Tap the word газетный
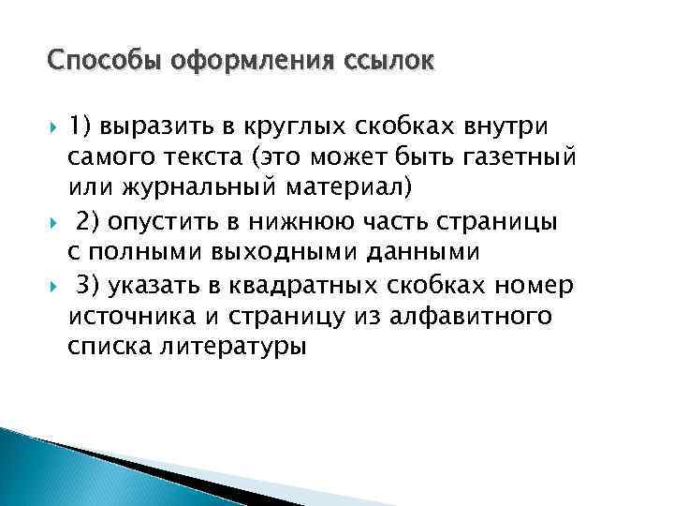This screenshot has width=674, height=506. coord(521,156)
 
